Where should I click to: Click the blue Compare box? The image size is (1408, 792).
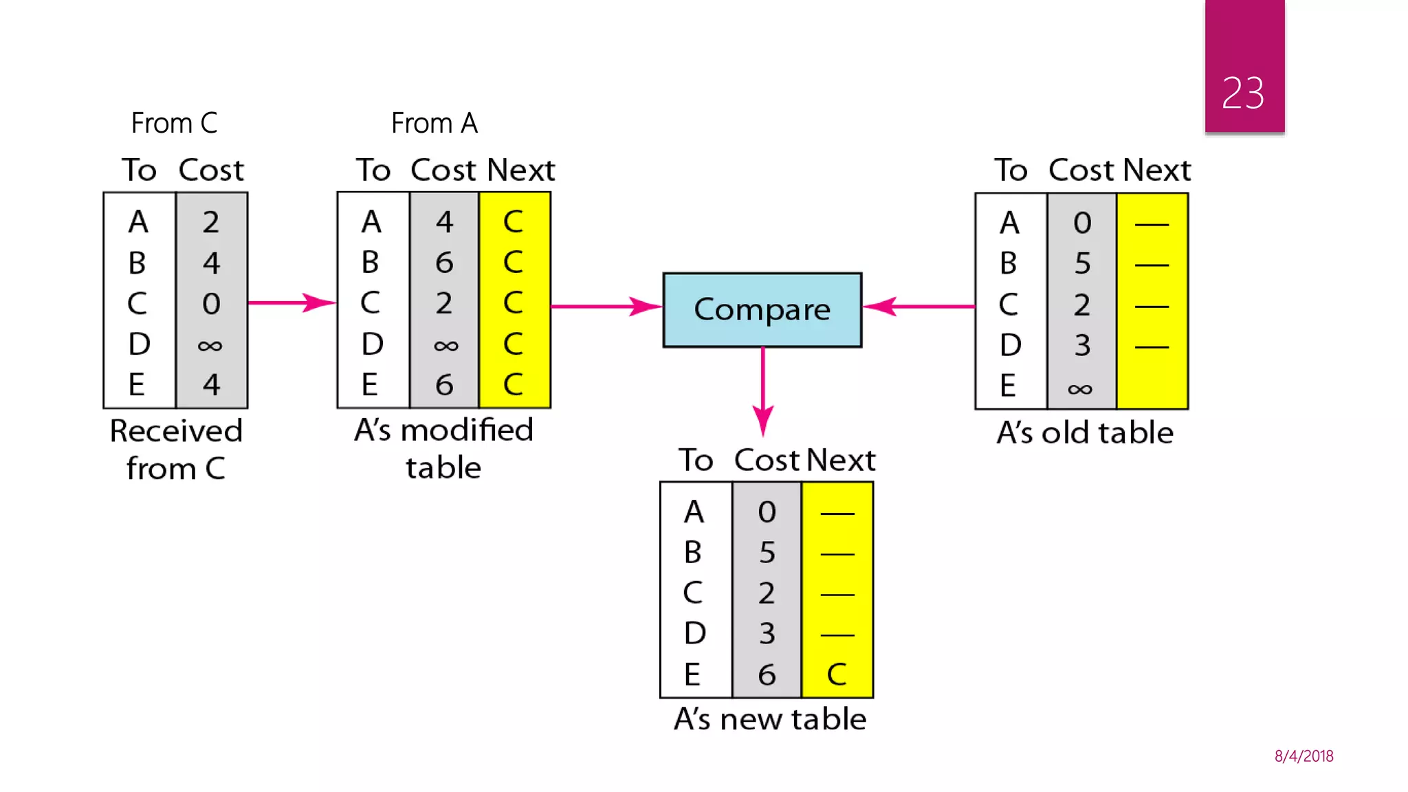click(x=762, y=309)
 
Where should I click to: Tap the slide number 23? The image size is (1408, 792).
click(x=1243, y=93)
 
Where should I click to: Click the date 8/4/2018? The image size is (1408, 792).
click(x=1303, y=756)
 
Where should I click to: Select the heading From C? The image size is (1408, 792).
click(x=174, y=124)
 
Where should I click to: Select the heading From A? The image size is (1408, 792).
click(x=434, y=124)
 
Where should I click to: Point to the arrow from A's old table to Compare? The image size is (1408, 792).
click(x=918, y=307)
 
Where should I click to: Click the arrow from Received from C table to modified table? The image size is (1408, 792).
click(x=291, y=302)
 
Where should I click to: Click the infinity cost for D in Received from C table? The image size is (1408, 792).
click(x=210, y=345)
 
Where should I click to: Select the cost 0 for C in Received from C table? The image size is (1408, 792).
click(x=211, y=304)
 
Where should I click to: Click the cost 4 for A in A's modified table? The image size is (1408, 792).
click(x=444, y=222)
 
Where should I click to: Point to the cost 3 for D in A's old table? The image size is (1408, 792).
click(x=1082, y=345)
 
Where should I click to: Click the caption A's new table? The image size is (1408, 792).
click(x=770, y=719)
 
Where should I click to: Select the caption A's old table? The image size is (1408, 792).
click(x=1085, y=433)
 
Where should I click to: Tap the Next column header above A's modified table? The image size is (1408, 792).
click(x=520, y=170)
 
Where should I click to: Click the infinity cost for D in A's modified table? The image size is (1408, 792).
click(x=445, y=345)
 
